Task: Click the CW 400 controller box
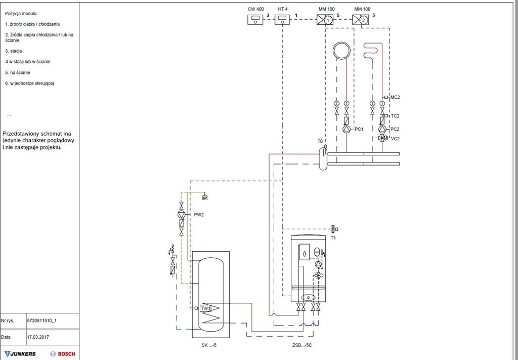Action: (255, 19)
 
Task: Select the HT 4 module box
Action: (282, 19)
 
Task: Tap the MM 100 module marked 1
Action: (325, 20)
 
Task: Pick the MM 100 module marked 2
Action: (361, 20)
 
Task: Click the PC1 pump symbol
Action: (347, 129)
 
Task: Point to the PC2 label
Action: (395, 130)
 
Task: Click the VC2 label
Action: (395, 138)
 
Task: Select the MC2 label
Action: (395, 97)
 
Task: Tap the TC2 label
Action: (395, 116)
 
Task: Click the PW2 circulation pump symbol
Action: (182, 215)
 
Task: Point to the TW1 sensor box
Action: (205, 308)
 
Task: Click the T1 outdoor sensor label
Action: (333, 237)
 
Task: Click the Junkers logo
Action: (21, 353)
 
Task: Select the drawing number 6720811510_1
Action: (42, 321)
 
